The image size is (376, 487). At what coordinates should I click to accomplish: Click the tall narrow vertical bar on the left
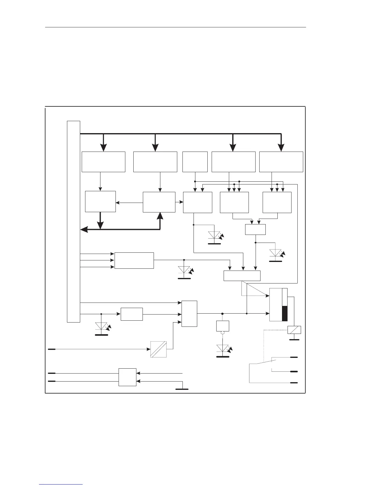(x=73, y=221)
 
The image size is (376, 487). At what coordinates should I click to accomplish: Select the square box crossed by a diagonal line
(x=159, y=349)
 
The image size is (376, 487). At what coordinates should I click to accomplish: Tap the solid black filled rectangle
(x=285, y=313)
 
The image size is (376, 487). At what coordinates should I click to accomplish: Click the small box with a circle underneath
(x=223, y=326)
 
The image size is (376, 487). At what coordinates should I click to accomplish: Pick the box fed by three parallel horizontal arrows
(x=134, y=260)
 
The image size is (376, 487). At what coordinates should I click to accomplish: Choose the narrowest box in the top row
(x=195, y=162)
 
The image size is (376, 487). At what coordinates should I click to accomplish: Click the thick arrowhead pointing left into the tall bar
(x=84, y=229)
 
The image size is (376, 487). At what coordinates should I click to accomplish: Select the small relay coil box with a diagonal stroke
(x=294, y=330)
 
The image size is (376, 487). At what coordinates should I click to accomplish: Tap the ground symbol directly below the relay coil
(x=294, y=339)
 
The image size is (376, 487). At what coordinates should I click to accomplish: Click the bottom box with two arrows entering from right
(x=127, y=377)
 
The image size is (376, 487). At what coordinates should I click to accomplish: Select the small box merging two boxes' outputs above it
(x=255, y=229)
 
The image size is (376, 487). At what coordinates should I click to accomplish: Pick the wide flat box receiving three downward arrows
(x=242, y=276)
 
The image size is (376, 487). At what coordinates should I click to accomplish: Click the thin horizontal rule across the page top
(x=176, y=27)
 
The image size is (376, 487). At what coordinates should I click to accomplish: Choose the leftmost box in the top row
(x=104, y=162)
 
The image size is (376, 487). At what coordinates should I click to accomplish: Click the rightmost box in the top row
(x=281, y=162)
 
